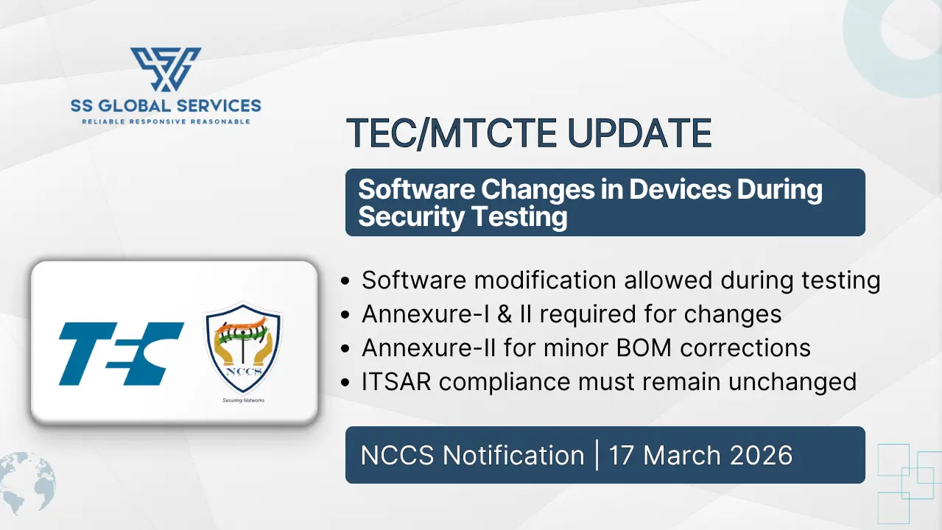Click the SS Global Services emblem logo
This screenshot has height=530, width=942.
[x=166, y=70]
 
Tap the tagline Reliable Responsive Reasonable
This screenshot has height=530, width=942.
[x=166, y=121]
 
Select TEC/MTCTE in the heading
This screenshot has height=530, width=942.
[x=435, y=133]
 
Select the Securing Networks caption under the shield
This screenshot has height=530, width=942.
[x=243, y=400]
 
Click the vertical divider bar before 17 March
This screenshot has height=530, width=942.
[x=597, y=455]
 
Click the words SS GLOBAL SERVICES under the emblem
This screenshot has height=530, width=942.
[x=166, y=105]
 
